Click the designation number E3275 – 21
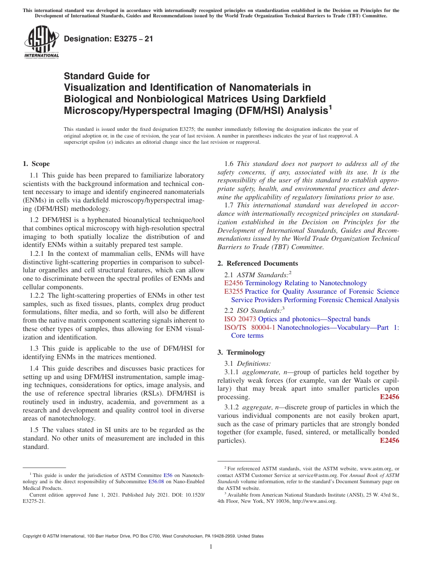[x=108, y=39]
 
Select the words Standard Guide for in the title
[x=107, y=76]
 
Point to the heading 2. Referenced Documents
[x=257, y=263]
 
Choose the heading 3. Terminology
[x=241, y=352]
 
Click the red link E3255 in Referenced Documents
[x=234, y=291]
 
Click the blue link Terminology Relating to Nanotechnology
[x=306, y=283]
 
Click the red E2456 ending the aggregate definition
[x=390, y=441]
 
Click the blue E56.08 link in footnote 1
[x=156, y=481]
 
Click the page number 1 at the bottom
[x=211, y=546]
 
